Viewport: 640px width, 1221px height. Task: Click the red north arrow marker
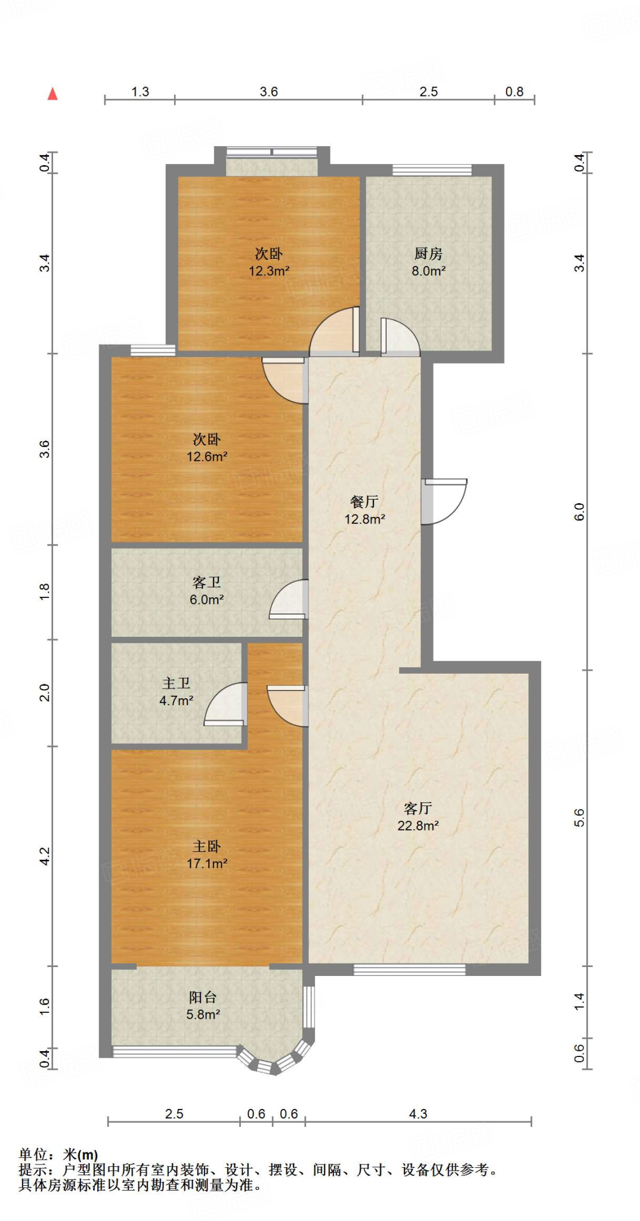coord(52,94)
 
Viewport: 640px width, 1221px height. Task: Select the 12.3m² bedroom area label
coord(269,262)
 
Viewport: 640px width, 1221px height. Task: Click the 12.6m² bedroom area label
coord(207,448)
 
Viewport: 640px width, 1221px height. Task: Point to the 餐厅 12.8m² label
coord(364,510)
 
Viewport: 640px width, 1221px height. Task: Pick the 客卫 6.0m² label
coord(207,591)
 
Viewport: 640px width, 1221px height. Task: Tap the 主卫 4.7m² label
coord(176,692)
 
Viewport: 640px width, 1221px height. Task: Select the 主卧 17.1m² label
coord(207,854)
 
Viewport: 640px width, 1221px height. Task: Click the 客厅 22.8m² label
coord(418,817)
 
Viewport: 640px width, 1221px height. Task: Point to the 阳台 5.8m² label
coord(203,1006)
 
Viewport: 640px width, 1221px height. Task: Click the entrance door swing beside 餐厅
coord(444,501)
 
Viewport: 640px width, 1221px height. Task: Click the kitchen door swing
coord(398,337)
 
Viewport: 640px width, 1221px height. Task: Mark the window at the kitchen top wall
coord(432,170)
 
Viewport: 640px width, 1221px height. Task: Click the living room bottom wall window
coord(409,970)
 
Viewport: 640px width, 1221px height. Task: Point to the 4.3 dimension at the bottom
coord(418,1114)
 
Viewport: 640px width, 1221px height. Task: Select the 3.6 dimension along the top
coord(268,91)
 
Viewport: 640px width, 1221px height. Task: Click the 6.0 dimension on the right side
coord(579,512)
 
